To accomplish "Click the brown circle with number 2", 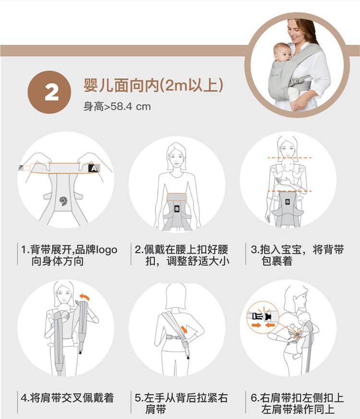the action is click(x=49, y=92).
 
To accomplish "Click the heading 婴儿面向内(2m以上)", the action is click(x=153, y=85).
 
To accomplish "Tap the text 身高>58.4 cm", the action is click(x=117, y=106).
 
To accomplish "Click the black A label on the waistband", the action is click(x=94, y=168).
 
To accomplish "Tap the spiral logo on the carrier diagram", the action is click(x=63, y=201).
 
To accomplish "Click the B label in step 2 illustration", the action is click(x=177, y=209).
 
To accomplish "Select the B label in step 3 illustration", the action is click(x=288, y=202).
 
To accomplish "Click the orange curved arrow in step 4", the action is click(x=84, y=297).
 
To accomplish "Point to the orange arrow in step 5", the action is click(x=184, y=329).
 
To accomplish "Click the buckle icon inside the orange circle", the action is click(x=262, y=316).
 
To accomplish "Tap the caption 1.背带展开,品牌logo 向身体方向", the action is click(x=69, y=255).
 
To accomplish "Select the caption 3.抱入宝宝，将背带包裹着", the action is click(x=297, y=255).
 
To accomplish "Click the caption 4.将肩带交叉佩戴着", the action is click(x=67, y=398).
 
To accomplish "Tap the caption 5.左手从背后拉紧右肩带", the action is click(x=181, y=404).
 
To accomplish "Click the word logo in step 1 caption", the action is click(x=107, y=250).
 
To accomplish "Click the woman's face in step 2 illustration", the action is click(x=176, y=159).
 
